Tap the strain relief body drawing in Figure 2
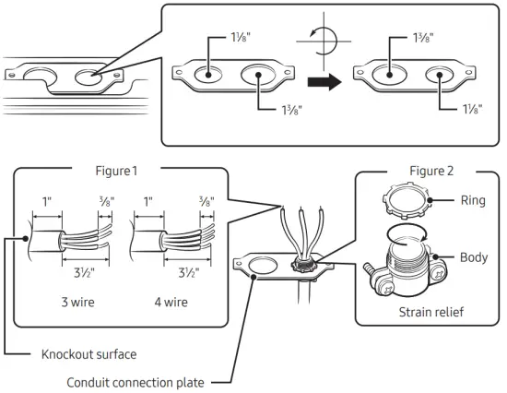pyautogui.click(x=405, y=263)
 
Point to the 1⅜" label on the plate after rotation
pyautogui.click(x=420, y=40)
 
